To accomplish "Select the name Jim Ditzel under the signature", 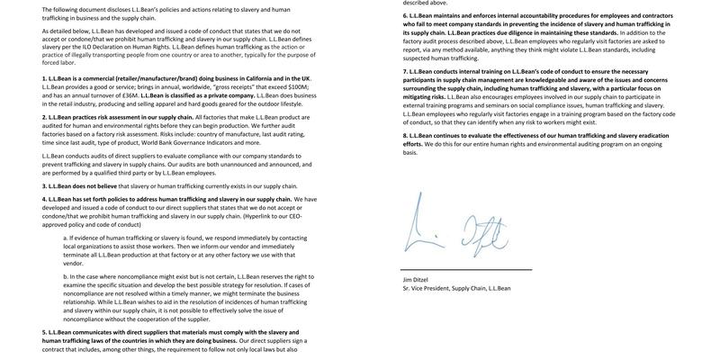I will pyautogui.click(x=420, y=280).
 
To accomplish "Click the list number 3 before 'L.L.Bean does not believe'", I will pyautogui.click(x=44, y=186).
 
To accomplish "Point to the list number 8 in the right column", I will pyautogui.click(x=405, y=135).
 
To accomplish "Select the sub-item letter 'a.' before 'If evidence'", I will pyautogui.click(x=67, y=238).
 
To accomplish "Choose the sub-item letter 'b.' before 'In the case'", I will pyautogui.click(x=67, y=276).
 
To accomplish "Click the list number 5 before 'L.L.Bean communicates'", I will pyautogui.click(x=44, y=332).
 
